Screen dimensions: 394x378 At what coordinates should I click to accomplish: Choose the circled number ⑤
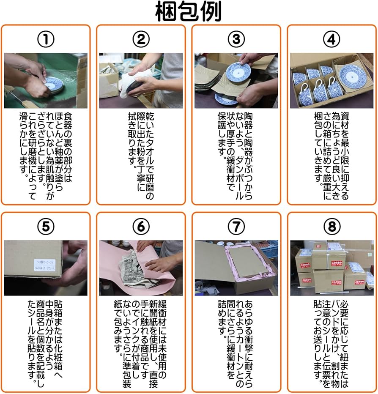point(46,227)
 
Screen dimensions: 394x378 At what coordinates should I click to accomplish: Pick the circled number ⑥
point(141,227)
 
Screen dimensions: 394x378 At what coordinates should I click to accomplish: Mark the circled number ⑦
point(236,227)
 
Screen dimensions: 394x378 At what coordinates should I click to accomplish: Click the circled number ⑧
point(331,227)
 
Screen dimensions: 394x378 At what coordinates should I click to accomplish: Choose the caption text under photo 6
point(141,342)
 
